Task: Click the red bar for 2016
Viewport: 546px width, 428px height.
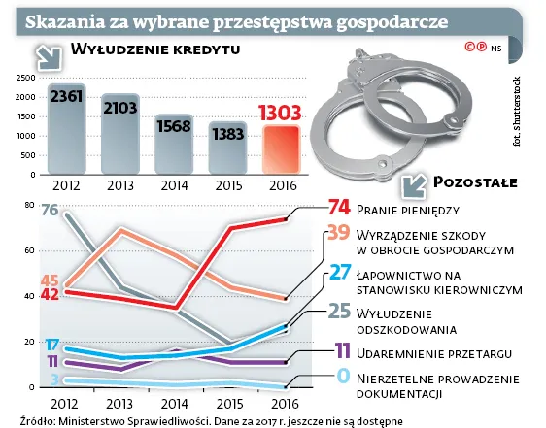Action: click(281, 146)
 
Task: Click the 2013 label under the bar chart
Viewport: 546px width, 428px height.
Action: click(120, 184)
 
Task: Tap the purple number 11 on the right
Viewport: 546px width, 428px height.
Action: click(340, 349)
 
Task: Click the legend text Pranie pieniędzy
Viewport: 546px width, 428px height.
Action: click(407, 209)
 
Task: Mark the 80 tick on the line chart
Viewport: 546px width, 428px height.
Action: click(29, 205)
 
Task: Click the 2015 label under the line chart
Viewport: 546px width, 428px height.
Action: click(228, 402)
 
